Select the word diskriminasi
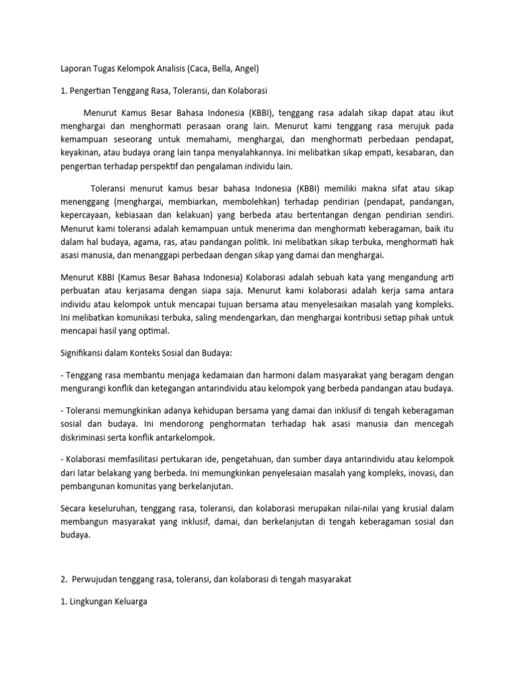coord(87,437)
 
